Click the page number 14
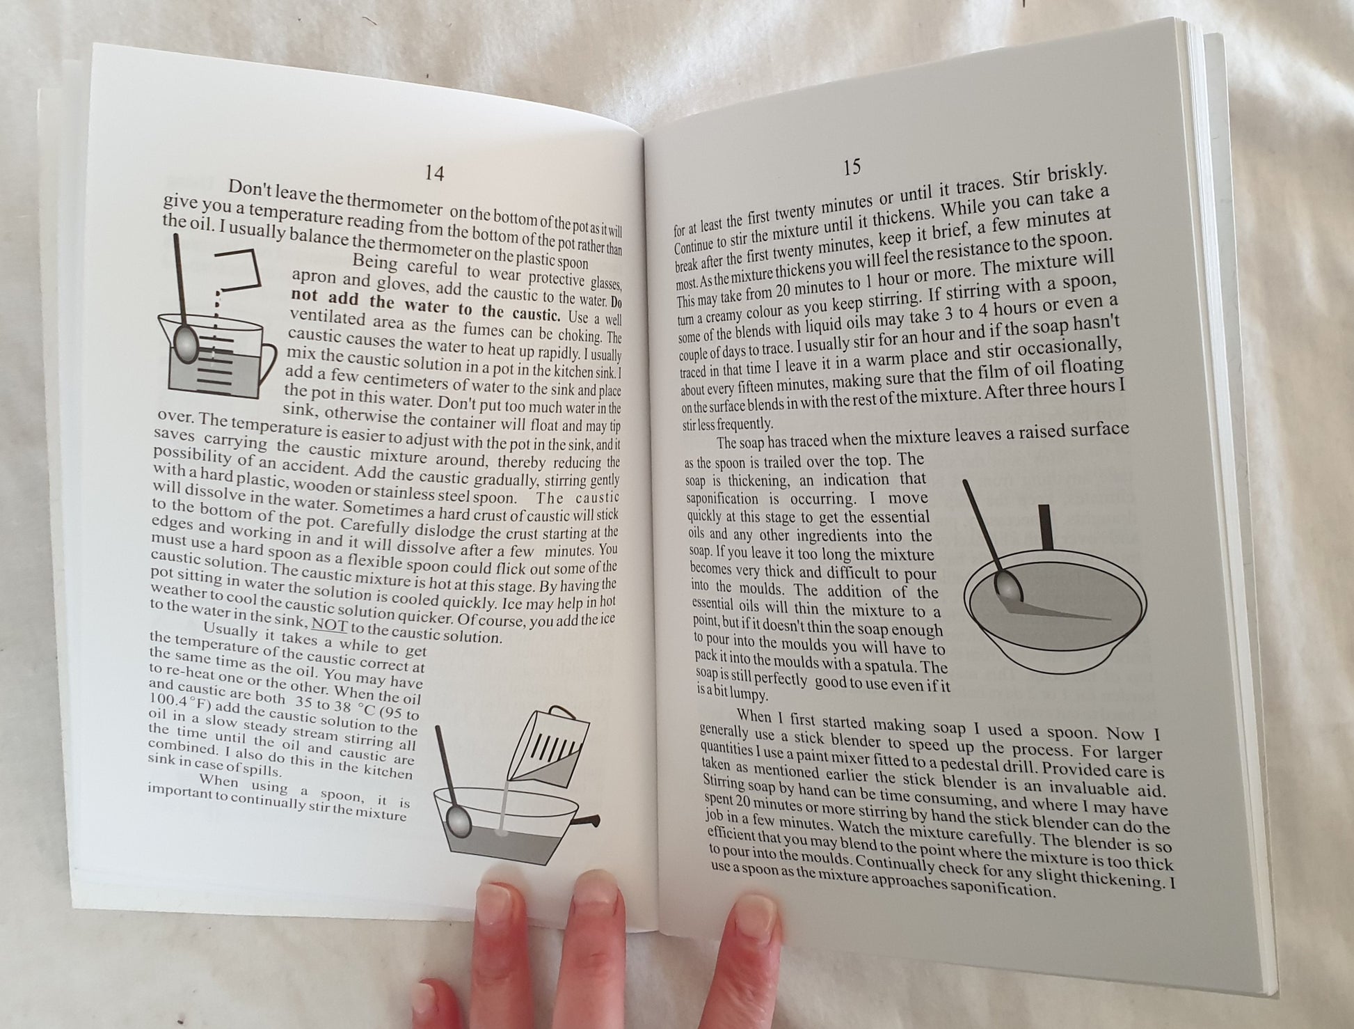click(434, 173)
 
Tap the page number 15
click(852, 167)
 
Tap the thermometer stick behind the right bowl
click(1046, 527)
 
